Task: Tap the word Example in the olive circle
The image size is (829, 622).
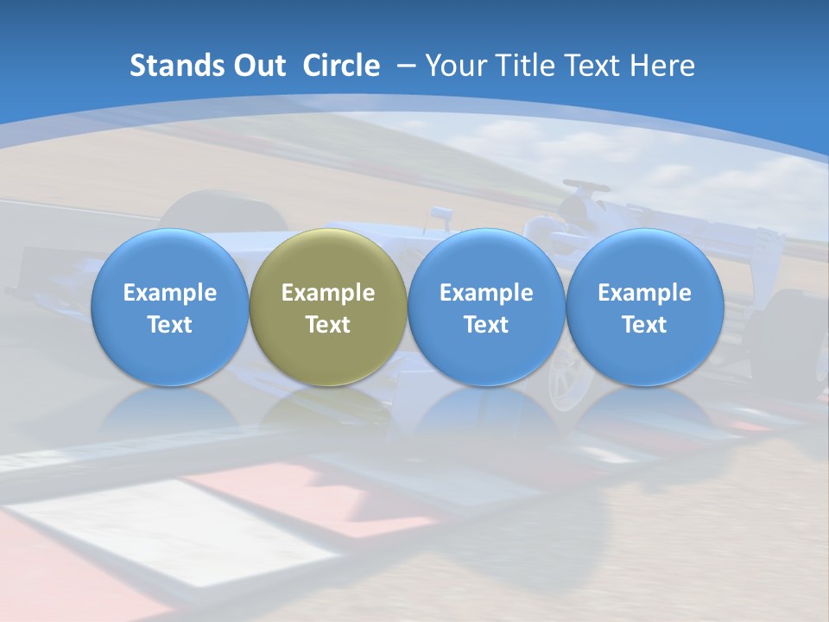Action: point(328,293)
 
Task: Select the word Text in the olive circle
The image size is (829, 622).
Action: point(328,325)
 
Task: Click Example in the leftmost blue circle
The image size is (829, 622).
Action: point(170,293)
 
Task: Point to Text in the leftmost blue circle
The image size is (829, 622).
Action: point(170,325)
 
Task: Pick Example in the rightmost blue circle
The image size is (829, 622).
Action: point(644,293)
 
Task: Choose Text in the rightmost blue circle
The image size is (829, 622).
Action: point(644,325)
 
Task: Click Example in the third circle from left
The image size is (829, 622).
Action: point(486,293)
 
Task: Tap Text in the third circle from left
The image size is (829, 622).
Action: point(486,325)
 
